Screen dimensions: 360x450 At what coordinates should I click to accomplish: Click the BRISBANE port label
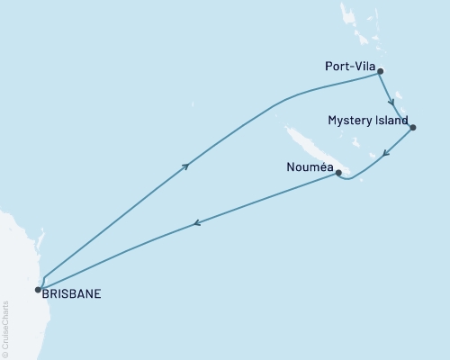pyautogui.click(x=71, y=292)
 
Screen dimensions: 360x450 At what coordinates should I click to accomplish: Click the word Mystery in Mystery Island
pyautogui.click(x=347, y=120)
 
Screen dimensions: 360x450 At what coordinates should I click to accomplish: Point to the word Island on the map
pyautogui.click(x=391, y=120)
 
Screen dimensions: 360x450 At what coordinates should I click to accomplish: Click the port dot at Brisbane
pyautogui.click(x=38, y=289)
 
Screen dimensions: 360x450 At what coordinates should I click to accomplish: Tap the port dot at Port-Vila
pyautogui.click(x=381, y=71)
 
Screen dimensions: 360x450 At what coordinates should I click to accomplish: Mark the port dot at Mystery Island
pyautogui.click(x=412, y=127)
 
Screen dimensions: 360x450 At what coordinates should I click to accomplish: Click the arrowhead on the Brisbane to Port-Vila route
pyautogui.click(x=186, y=166)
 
